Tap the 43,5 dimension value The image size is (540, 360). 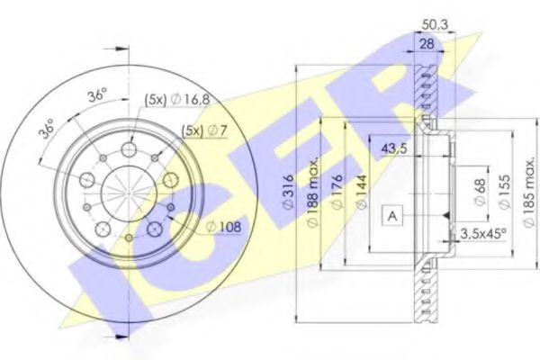pos(393,149)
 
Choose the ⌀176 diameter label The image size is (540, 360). pos(336,194)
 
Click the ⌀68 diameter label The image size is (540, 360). pos(483,192)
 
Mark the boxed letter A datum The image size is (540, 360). pos(392,215)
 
